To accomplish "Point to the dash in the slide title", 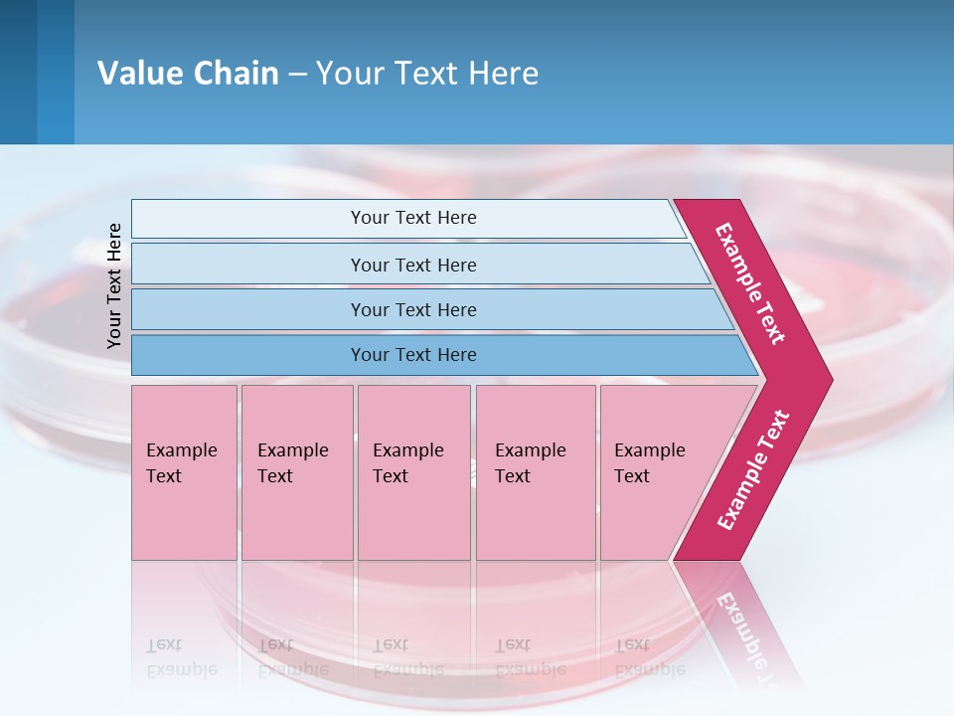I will click(297, 75).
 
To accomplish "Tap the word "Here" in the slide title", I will click(503, 74).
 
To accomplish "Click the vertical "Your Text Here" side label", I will click(114, 285).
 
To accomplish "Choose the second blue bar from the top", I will click(413, 265).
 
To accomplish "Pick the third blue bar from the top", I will click(413, 309).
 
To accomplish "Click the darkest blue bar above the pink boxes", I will click(413, 355).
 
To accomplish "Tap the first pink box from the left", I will click(184, 472).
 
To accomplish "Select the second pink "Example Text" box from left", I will click(296, 472).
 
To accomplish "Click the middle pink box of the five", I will click(413, 472).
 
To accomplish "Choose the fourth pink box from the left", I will click(536, 472).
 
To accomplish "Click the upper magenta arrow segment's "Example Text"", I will click(750, 284).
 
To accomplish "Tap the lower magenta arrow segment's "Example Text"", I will click(752, 470).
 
